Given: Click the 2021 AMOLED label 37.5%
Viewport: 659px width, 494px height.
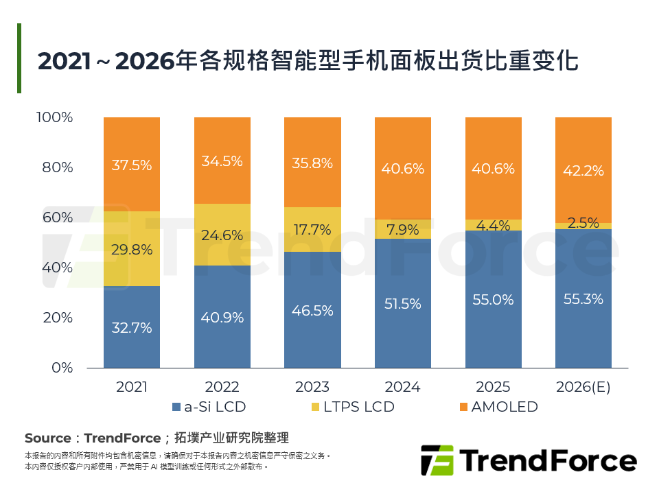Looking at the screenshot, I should [132, 165].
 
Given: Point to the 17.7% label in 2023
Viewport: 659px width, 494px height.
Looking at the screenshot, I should [312, 230].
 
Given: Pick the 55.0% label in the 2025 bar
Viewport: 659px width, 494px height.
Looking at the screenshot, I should [494, 300].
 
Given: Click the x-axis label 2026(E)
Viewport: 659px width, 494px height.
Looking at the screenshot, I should [584, 387].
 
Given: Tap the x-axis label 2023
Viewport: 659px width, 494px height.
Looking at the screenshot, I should [312, 387].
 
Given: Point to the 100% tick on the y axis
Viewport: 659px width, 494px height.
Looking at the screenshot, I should [54, 117].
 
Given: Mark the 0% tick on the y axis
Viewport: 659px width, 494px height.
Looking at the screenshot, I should [62, 368].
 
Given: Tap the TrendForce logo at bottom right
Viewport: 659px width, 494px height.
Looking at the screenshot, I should [528, 460].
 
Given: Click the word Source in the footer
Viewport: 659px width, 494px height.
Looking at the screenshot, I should [47, 438].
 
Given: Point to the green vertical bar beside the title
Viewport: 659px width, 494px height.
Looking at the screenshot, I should [19, 58].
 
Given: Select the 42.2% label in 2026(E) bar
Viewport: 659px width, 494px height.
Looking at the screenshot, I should [584, 171].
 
